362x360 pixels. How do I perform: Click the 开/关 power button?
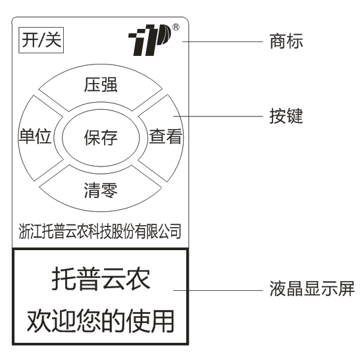pos(41,40)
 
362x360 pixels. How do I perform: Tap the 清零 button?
pos(101,190)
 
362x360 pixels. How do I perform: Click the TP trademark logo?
pos(150,39)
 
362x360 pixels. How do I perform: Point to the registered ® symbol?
pos(176,27)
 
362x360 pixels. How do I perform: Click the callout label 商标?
pos(286,41)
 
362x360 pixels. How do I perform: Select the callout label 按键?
pos(286,116)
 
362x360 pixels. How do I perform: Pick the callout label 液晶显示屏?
pos(312,289)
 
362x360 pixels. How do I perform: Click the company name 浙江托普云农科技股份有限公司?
pos(100,231)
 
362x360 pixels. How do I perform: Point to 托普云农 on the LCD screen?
pos(101,278)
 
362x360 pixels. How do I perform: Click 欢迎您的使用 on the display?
pos(101,321)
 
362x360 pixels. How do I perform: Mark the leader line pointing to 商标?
pos(222,42)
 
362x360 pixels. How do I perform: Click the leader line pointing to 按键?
pos(218,116)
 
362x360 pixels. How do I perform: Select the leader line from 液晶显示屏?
pos(218,290)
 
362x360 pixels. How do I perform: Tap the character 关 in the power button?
pos(53,40)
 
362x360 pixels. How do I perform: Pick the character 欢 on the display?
pos(39,321)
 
